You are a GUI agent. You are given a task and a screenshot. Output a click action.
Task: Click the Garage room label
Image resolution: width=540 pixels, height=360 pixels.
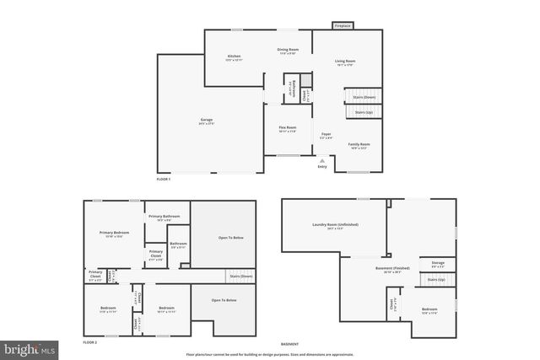click(206, 122)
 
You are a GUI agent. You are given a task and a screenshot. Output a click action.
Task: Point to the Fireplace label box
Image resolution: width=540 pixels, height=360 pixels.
click(343, 26)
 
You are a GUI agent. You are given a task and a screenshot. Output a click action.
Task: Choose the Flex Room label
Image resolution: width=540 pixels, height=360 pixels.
click(288, 129)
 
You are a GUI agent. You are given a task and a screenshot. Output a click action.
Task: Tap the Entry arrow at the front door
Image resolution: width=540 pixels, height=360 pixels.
click(321, 160)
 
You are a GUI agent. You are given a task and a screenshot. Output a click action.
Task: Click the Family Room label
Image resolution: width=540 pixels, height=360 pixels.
click(359, 145)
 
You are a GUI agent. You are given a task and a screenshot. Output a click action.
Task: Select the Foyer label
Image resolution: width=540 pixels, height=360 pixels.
click(326, 135)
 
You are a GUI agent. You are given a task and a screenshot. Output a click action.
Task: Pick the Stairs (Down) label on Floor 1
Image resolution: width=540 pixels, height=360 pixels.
click(364, 98)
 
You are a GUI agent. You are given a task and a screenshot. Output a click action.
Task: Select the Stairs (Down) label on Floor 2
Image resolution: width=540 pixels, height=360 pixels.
click(240, 277)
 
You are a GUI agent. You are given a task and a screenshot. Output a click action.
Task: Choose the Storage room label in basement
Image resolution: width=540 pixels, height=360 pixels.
click(438, 264)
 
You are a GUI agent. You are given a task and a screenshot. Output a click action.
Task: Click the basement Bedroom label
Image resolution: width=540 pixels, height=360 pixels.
click(429, 311)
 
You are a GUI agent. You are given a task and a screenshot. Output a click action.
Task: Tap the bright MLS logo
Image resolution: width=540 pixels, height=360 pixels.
click(30, 347)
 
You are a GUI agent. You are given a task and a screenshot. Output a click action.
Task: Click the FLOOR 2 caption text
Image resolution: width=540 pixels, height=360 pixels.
click(90, 343)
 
